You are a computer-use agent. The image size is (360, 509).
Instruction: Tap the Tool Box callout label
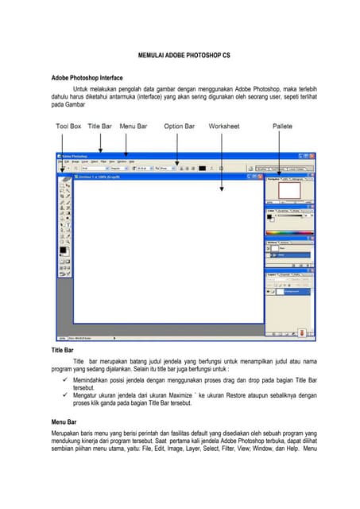pyautogui.click(x=68, y=126)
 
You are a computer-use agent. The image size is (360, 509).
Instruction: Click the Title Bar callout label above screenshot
pyautogui.click(x=99, y=126)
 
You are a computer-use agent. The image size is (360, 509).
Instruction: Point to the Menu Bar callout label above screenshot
pyautogui.click(x=133, y=126)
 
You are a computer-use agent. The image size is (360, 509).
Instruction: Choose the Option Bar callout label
pyautogui.click(x=179, y=126)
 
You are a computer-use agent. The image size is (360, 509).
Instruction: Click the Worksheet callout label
pyautogui.click(x=224, y=126)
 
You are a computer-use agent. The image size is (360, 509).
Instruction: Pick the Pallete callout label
pyautogui.click(x=282, y=126)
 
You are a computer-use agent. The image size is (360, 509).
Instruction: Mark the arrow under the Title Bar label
pyautogui.click(x=100, y=142)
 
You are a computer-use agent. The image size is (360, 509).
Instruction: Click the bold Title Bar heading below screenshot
pyautogui.click(x=63, y=350)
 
